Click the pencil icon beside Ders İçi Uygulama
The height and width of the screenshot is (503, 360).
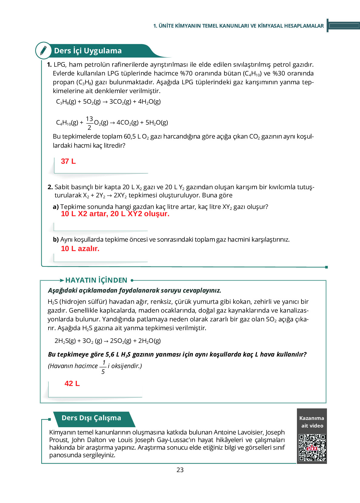pyautogui.click(x=43, y=50)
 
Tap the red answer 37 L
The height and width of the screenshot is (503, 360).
pyautogui.click(x=68, y=161)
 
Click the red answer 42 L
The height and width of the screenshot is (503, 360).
pyautogui.click(x=72, y=384)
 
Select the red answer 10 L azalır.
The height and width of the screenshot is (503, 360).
pyautogui.click(x=80, y=249)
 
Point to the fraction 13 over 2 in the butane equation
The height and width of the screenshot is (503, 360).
pyautogui.click(x=89, y=123)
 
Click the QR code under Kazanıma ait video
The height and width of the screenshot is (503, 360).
pyautogui.click(x=312, y=448)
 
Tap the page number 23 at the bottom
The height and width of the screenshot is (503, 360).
pyautogui.click(x=180, y=470)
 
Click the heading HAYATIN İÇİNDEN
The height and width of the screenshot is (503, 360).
pyautogui.click(x=96, y=280)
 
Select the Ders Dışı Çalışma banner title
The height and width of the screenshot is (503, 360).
pyautogui.click(x=91, y=418)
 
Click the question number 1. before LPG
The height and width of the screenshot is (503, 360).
pyautogui.click(x=49, y=65)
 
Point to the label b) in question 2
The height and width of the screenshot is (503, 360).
pyautogui.click(x=56, y=240)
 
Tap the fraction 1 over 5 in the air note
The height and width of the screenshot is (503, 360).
pyautogui.click(x=103, y=367)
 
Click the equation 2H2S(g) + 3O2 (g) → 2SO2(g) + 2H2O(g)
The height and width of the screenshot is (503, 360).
pyautogui.click(x=108, y=341)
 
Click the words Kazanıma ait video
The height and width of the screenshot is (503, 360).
pyautogui.click(x=312, y=422)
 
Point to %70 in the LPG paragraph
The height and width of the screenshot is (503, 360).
pyautogui.click(x=186, y=73)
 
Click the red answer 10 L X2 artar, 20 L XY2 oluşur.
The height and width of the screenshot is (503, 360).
pyautogui.click(x=115, y=214)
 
